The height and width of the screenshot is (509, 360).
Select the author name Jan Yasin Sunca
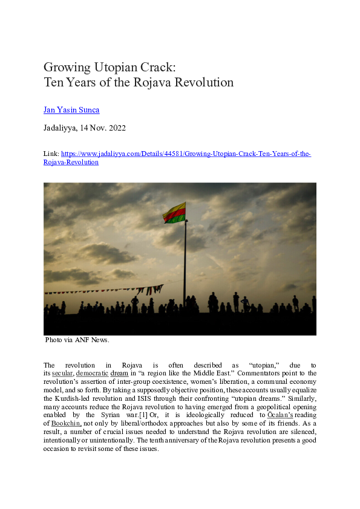pos(72,110)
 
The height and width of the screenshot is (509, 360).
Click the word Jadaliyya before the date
pos(61,128)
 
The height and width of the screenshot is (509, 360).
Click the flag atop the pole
pos(174,213)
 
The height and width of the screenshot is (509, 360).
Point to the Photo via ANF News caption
pos(77,340)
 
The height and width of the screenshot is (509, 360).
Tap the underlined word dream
pos(119,374)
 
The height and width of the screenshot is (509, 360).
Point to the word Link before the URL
pos(51,154)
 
